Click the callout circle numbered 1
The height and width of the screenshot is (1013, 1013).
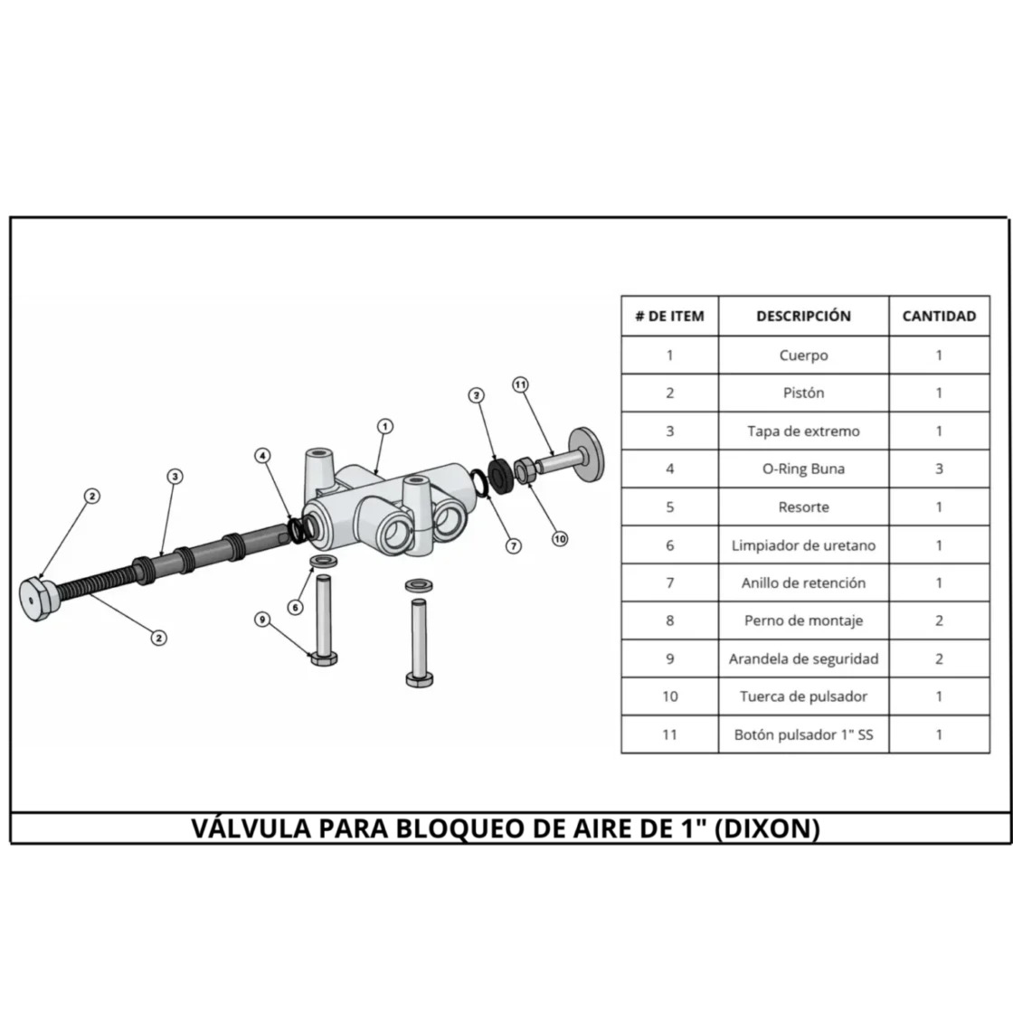coord(385,426)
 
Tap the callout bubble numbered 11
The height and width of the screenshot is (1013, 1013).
coord(521,385)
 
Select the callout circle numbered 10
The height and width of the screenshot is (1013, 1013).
coord(560,539)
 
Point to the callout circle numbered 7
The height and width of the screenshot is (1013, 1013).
coord(514,546)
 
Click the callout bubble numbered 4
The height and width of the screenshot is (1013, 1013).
coord(262,456)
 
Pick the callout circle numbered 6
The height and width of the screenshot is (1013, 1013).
coord(295,607)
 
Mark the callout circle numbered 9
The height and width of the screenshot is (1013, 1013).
coord(262,620)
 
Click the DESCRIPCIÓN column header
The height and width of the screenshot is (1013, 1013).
coord(804,316)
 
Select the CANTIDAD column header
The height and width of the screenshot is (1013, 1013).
coord(940,316)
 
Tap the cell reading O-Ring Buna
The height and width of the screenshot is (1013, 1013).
coord(804,469)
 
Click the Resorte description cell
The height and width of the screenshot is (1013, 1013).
coord(804,507)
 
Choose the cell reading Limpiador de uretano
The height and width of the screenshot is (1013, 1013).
coord(804,545)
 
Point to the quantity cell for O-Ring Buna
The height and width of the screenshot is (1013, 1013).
coord(940,469)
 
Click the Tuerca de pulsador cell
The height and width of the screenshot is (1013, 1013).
coord(804,696)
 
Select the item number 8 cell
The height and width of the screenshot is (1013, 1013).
coord(670,620)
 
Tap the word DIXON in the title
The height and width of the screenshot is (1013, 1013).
coord(768,828)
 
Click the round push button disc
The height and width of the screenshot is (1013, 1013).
coord(587,454)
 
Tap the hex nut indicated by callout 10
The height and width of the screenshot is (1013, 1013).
coord(524,469)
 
